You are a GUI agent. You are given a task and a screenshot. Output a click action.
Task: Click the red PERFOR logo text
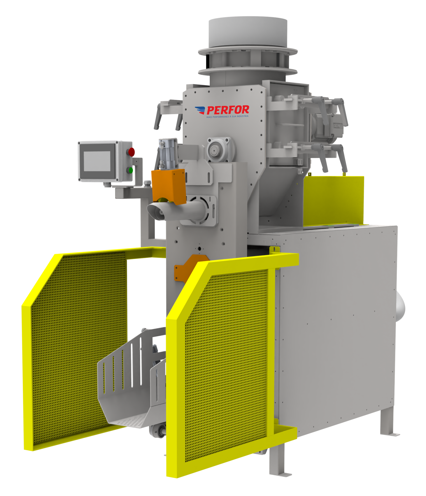click(x=228, y=110)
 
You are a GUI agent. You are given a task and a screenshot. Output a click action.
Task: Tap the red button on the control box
click(x=131, y=152)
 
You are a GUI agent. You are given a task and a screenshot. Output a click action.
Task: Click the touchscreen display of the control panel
click(x=97, y=161)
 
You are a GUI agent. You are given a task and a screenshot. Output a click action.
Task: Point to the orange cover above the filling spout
click(x=169, y=186)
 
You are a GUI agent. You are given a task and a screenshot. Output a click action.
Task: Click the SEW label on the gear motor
click(x=337, y=126)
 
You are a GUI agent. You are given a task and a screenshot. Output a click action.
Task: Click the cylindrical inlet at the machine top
click(x=248, y=33)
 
